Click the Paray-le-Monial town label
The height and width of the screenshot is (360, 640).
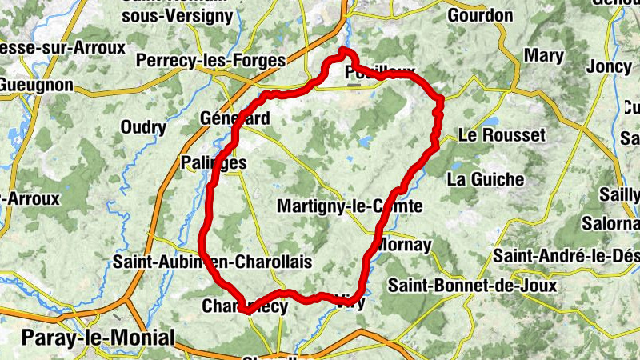click(98, 338)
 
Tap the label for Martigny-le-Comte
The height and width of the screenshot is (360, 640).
click(349, 206)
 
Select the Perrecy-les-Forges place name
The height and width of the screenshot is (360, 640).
click(210, 60)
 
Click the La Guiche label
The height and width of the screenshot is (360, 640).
click(486, 178)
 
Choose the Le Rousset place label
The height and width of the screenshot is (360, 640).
click(502, 135)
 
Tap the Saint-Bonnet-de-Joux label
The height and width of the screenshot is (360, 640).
click(466, 285)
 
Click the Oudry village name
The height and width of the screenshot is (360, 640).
click(143, 127)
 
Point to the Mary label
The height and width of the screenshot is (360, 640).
click(543, 57)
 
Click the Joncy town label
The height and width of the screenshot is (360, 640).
click(608, 67)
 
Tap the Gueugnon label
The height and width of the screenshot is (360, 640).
click(36, 84)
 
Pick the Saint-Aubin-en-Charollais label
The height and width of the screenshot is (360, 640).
click(212, 262)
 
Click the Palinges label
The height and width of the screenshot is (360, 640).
click(214, 162)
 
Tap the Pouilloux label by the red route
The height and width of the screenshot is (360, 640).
click(380, 74)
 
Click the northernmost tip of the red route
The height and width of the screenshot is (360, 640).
click(344, 50)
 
